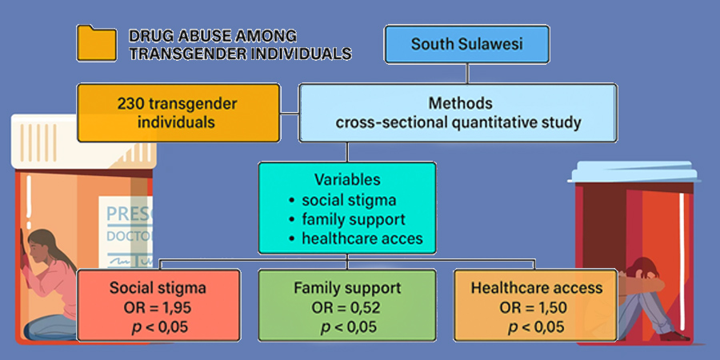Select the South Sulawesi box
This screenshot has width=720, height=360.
(467, 44)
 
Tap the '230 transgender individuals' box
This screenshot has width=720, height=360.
(178, 113)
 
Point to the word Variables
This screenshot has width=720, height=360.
(346, 181)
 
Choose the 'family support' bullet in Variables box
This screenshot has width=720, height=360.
(353, 218)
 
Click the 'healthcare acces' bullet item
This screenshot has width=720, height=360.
(358, 238)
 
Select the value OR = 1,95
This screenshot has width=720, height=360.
(159, 308)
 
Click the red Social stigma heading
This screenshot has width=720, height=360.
(159, 289)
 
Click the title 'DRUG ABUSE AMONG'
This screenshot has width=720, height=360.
(212, 36)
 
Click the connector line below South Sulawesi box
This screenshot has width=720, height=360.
(467, 74)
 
